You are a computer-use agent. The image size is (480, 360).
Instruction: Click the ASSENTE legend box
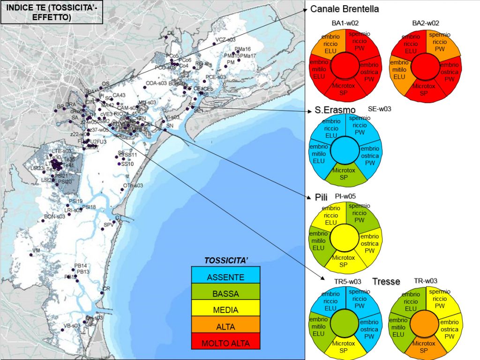tap(225, 277)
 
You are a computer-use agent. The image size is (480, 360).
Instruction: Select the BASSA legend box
tap(225, 294)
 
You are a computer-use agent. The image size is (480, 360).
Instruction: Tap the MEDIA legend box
tap(225, 310)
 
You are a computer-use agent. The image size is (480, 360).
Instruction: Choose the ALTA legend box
tap(225, 327)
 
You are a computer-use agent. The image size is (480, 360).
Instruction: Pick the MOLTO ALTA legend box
tap(225, 343)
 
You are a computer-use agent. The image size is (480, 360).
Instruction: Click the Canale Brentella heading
tap(345, 9)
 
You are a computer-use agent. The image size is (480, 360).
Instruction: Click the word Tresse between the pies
tap(386, 281)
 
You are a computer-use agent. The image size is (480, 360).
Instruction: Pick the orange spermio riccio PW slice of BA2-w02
tap(440, 42)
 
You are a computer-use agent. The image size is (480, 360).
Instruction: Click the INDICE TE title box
tap(38, 13)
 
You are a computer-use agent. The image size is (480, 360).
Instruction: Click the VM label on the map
tap(36, 251)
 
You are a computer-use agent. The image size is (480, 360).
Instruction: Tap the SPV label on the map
tap(109, 225)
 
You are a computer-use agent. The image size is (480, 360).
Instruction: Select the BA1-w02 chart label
tap(345, 23)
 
